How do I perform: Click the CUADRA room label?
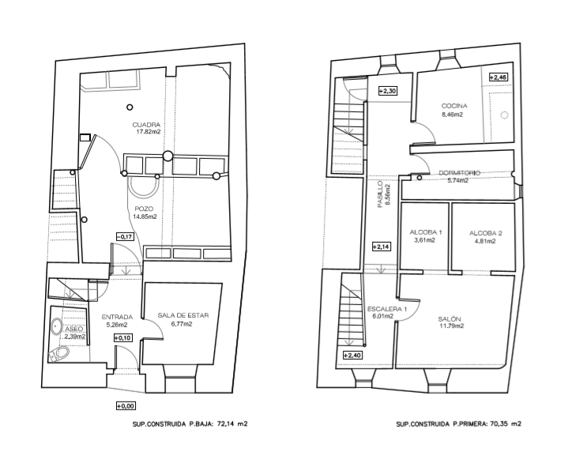(146, 125)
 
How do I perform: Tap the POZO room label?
(144, 209)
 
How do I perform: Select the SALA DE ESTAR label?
(183, 315)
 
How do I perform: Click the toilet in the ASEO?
(59, 354)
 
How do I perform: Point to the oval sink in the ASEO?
(57, 326)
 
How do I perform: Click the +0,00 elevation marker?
(126, 406)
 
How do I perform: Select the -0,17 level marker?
(125, 237)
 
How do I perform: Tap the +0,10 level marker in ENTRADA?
(122, 338)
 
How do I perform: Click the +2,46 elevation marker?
(498, 77)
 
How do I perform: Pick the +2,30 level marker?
(388, 91)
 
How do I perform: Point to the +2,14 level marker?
(382, 247)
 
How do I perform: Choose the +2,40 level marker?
(352, 356)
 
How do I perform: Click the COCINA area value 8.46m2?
(452, 115)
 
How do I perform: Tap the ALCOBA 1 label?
(426, 232)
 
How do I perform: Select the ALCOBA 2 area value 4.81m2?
(485, 241)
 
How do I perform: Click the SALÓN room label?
(450, 319)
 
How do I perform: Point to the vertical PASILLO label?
(380, 194)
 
